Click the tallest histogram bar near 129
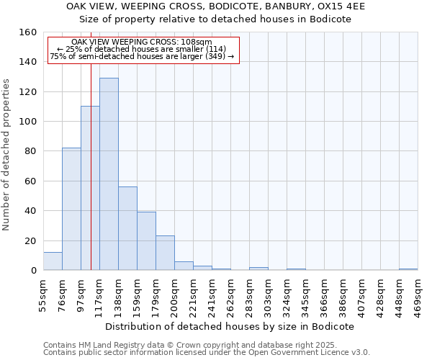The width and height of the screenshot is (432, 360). [109, 174]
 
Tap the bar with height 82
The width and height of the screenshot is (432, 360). [71, 209]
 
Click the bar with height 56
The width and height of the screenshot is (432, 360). [127, 228]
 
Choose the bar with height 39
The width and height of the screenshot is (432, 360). [146, 241]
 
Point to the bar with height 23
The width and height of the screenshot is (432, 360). [165, 253]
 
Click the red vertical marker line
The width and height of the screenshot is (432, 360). [91, 144]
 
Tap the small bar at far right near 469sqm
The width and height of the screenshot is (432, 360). [408, 269]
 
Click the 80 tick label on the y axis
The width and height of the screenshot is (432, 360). [31, 151]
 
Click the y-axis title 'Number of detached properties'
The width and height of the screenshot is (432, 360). [7, 151]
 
